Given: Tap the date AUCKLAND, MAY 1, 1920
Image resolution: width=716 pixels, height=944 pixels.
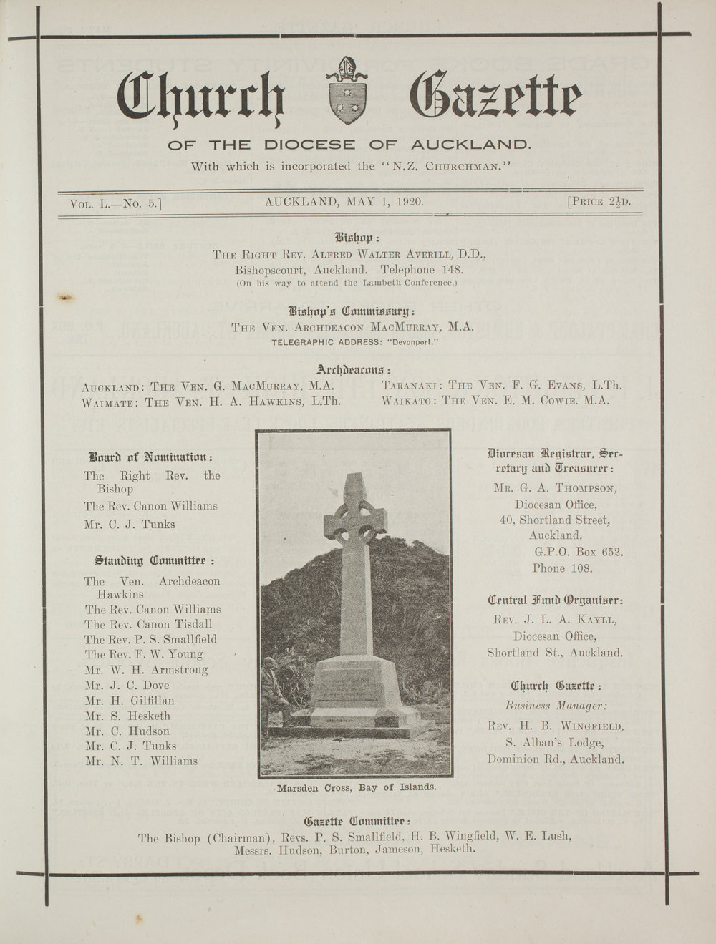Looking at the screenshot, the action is (344, 202).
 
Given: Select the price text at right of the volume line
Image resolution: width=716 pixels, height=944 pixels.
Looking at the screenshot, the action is (599, 202).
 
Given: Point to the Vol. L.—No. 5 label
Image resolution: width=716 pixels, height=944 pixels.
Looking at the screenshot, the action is (116, 204).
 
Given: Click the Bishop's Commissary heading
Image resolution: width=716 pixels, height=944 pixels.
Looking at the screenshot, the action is (352, 311).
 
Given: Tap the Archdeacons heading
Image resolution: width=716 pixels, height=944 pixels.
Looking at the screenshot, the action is (353, 370).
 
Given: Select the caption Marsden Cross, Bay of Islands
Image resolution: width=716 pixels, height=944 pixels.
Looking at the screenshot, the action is (356, 787).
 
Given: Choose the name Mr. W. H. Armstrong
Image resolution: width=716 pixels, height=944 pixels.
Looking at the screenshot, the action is (146, 670).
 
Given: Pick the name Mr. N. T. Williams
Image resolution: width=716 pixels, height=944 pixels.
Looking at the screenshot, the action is (141, 761).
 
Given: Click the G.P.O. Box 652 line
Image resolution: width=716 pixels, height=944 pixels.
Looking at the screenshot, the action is (579, 553).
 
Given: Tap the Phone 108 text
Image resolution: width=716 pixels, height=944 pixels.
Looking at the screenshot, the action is (562, 568).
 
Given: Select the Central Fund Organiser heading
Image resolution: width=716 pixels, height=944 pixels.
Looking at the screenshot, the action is (555, 600).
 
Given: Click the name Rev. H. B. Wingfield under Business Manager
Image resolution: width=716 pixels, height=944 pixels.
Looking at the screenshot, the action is (556, 726).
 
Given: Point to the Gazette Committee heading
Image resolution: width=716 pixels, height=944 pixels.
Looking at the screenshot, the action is (357, 820).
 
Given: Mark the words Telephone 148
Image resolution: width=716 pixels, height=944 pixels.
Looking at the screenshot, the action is (422, 271).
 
